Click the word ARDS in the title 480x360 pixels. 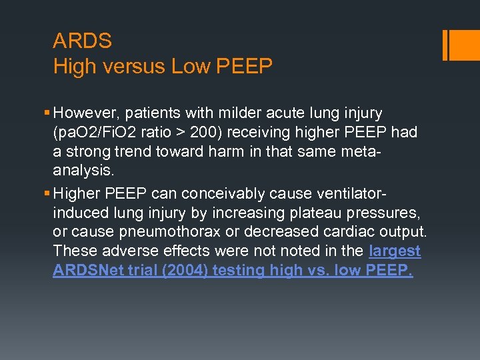pyautogui.click(x=82, y=41)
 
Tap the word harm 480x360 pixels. pyautogui.click(x=248, y=151)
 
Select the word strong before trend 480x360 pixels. pyautogui.click(x=88, y=151)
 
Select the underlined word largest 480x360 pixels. pyautogui.click(x=395, y=251)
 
